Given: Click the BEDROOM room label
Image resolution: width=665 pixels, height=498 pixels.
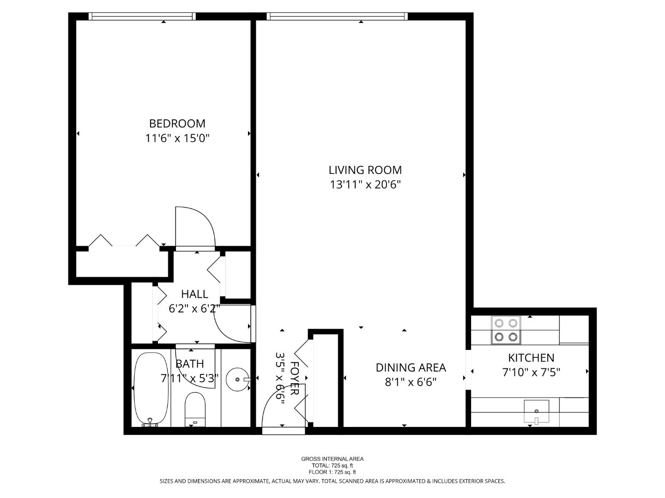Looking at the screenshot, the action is coord(177,124).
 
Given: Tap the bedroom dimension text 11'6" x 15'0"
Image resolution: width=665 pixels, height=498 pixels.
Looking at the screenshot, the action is coord(177,138).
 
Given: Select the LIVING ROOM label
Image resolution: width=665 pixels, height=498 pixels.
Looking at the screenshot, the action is coord(365,170).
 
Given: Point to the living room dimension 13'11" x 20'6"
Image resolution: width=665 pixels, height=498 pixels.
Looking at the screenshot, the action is coord(365,184).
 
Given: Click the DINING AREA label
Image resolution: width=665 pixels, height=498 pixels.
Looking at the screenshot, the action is coord(411,368).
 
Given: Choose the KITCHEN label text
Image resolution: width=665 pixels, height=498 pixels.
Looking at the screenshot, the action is coord(531,358).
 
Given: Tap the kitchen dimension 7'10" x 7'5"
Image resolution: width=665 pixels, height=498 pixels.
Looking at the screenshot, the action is coord(531,372).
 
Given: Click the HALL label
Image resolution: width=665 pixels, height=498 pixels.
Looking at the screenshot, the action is coord(194,294).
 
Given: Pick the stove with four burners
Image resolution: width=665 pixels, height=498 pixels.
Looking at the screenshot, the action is coord(506,330).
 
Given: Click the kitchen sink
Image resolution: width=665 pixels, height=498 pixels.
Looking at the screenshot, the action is coord(537,411).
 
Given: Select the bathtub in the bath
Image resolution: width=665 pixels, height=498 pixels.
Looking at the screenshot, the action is coord(151,390).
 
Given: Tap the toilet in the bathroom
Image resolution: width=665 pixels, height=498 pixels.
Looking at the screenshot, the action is coord(195,410).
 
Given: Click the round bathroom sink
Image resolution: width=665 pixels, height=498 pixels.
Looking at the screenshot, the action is coord(237,379).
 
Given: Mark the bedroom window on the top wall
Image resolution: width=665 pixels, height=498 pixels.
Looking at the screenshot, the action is coord(142,16).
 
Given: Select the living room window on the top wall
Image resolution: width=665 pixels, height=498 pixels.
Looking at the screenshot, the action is coord(337,16).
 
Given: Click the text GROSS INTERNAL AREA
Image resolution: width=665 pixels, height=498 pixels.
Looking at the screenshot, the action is coord(332,459).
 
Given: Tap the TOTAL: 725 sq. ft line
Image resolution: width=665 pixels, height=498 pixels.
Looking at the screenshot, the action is coord(332,466).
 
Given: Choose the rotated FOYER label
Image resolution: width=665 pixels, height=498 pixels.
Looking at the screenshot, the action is coord(295,378).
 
